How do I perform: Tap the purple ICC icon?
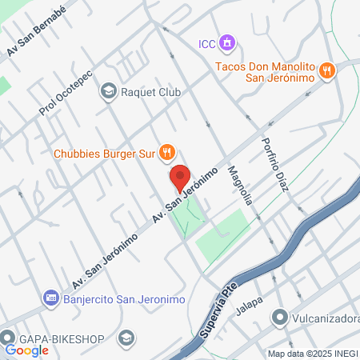point(228,42)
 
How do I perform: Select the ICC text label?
point(207,42)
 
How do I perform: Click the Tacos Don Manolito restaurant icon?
point(326,71)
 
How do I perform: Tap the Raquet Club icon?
point(107,93)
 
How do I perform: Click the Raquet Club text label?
point(150,93)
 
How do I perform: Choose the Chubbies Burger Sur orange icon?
point(166,151)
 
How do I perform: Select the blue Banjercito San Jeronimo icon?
point(50,298)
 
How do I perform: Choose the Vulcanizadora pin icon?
point(280,318)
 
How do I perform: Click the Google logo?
point(26,350)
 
